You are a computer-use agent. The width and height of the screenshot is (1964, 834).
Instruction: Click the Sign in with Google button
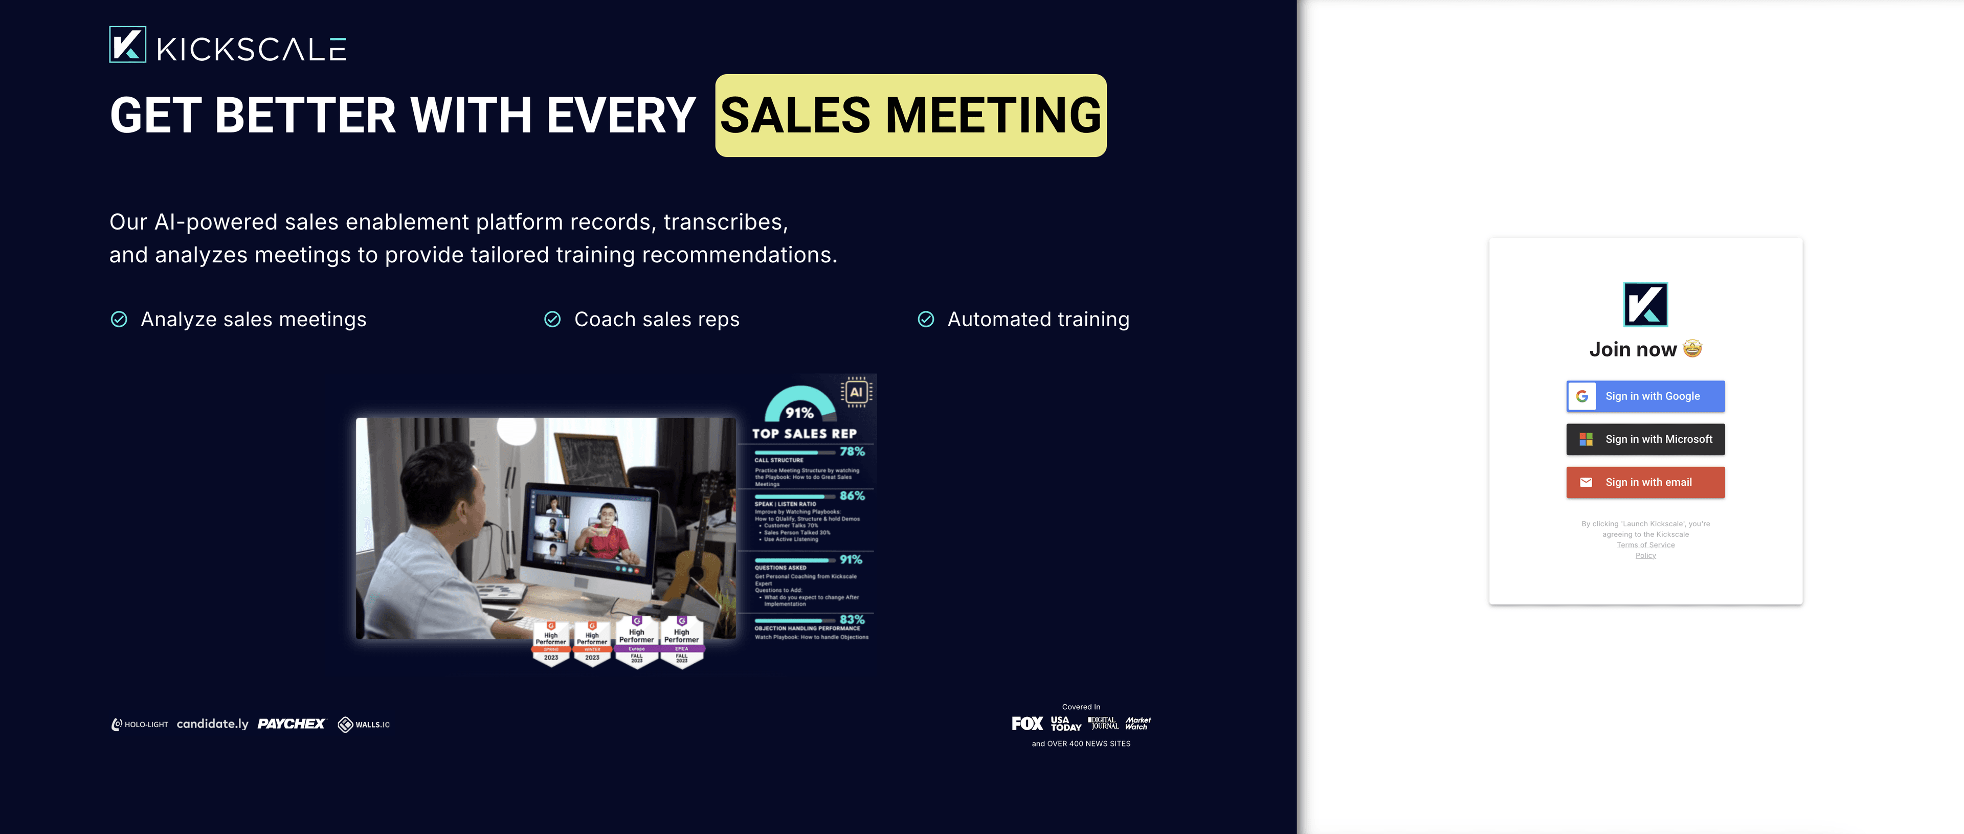(x=1645, y=396)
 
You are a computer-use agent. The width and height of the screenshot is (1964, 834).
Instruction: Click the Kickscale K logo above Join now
(x=1645, y=304)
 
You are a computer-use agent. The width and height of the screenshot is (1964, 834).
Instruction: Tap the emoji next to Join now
(x=1692, y=348)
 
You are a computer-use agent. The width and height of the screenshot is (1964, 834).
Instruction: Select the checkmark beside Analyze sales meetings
(x=119, y=320)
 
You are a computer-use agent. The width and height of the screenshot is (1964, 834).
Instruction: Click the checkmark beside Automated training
(x=926, y=320)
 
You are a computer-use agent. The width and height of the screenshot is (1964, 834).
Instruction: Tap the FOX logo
(x=1027, y=724)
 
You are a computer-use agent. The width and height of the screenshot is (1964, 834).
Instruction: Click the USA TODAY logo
(x=1065, y=724)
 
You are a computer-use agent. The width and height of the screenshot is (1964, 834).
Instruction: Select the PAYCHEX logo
(x=291, y=724)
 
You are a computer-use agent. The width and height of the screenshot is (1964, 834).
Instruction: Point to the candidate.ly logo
(x=213, y=724)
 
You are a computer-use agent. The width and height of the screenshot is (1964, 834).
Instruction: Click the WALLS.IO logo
(x=364, y=724)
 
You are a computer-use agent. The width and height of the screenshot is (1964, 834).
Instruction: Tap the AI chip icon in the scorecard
(x=856, y=392)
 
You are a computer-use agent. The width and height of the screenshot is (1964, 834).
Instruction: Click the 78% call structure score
(x=852, y=452)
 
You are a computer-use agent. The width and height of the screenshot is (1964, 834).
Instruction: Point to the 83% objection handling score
(x=852, y=620)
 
